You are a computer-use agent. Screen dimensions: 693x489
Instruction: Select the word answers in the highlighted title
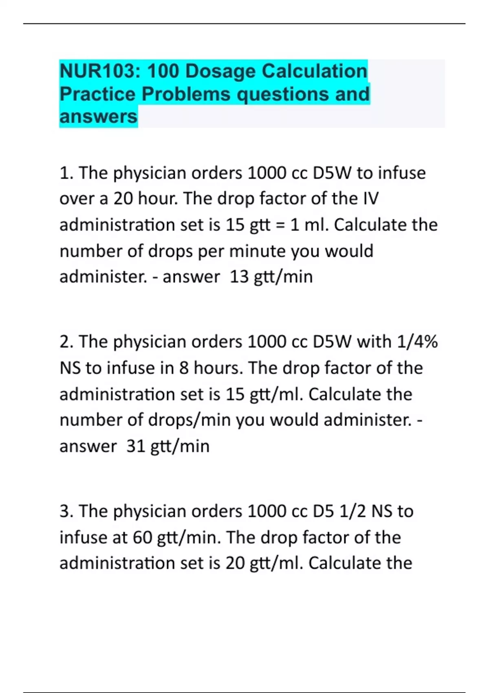[98, 117]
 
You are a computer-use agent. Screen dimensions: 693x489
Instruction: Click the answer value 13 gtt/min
[271, 277]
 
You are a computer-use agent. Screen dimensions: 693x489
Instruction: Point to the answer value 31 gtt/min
[168, 446]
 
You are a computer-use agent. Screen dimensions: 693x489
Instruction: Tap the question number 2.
[66, 342]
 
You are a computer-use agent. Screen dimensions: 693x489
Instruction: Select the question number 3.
[66, 511]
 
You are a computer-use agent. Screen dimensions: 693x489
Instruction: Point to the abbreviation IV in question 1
[370, 199]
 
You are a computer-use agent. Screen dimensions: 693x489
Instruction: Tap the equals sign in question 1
[280, 225]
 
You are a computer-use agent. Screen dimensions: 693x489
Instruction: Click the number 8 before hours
[184, 368]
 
